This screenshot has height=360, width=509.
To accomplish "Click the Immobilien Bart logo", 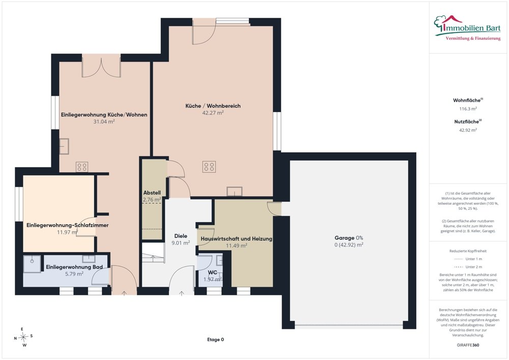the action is point(467,28).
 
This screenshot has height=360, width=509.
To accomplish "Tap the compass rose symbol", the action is point(23,338).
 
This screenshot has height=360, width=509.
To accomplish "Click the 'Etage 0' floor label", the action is point(215,340).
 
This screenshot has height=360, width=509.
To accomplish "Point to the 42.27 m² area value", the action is point(213,113).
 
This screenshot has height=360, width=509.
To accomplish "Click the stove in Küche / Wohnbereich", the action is point(209,167).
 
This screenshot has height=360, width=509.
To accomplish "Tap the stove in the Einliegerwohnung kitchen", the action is point(82,167).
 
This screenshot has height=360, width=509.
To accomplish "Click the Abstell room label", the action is point(152,193).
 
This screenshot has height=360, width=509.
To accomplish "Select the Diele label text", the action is point(181,236).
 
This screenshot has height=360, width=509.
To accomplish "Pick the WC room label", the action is point(213,272).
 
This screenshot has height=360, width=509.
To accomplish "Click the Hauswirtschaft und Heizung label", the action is point(236,239).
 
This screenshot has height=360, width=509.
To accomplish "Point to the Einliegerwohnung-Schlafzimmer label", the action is point(68,225).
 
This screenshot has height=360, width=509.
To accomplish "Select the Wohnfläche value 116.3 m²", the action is point(468,109).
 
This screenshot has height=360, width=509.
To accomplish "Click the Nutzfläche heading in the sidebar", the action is point(468,122).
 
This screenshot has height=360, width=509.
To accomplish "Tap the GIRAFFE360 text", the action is point(468,345).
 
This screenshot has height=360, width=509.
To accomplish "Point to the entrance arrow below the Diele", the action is point(182,293).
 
